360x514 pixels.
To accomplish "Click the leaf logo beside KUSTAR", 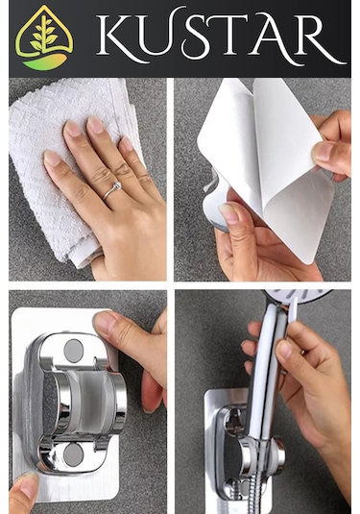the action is click(44, 37).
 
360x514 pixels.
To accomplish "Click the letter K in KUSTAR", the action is click(119, 37).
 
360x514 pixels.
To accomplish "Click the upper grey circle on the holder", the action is click(73, 351).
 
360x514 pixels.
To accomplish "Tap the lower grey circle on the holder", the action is click(73, 454).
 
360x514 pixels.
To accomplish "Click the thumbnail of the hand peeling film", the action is click(324, 152).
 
